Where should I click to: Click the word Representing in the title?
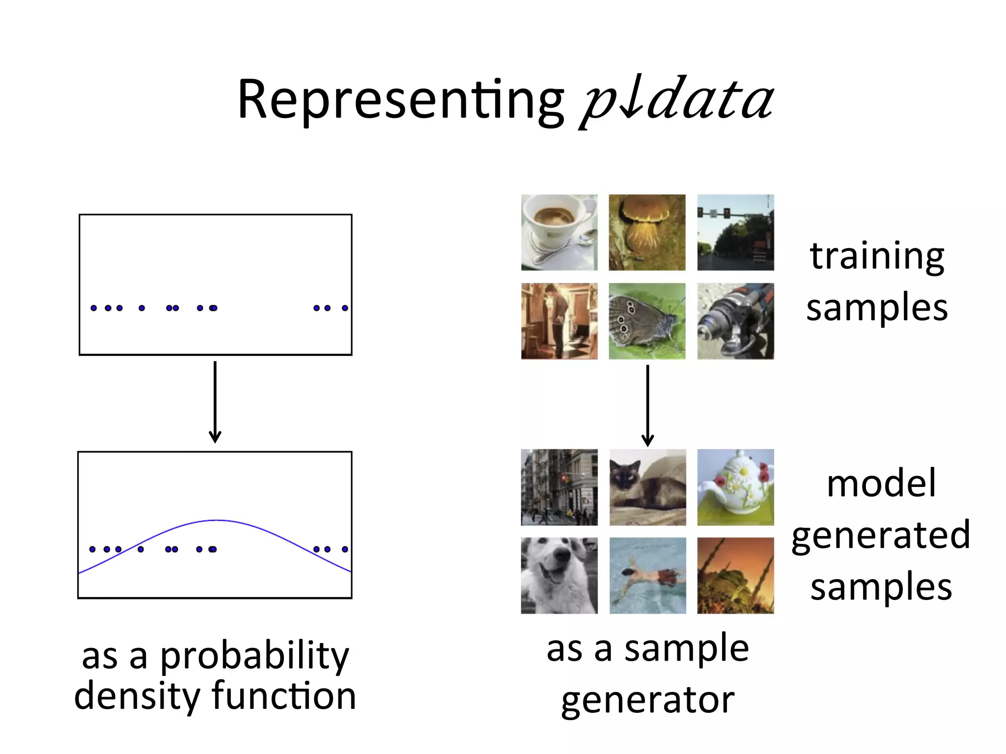tap(400, 101)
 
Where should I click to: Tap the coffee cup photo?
tap(559, 232)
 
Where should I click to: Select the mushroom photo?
tap(647, 232)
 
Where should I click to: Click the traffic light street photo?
tap(735, 232)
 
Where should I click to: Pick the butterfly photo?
tap(647, 321)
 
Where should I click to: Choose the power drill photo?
tap(735, 321)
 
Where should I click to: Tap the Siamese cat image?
tap(647, 487)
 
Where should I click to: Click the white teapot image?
tap(735, 487)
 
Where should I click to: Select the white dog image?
tap(559, 575)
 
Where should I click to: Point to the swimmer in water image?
tap(647, 575)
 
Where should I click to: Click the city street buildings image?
tap(559, 487)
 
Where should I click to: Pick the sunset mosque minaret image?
tap(735, 575)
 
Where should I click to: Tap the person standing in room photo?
tap(559, 321)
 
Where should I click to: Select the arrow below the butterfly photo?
tap(647, 405)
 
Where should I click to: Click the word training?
tap(877, 256)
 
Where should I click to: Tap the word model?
tap(881, 484)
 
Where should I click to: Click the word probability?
tap(254, 656)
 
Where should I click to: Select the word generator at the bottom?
tap(647, 700)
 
